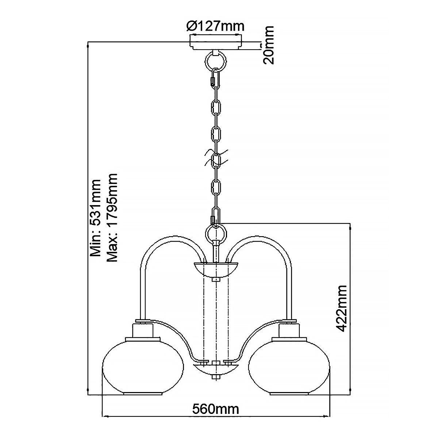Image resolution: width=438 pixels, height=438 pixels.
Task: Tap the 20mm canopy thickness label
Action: pos(269,45)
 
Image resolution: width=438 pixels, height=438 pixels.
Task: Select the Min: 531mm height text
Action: pos(96,218)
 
